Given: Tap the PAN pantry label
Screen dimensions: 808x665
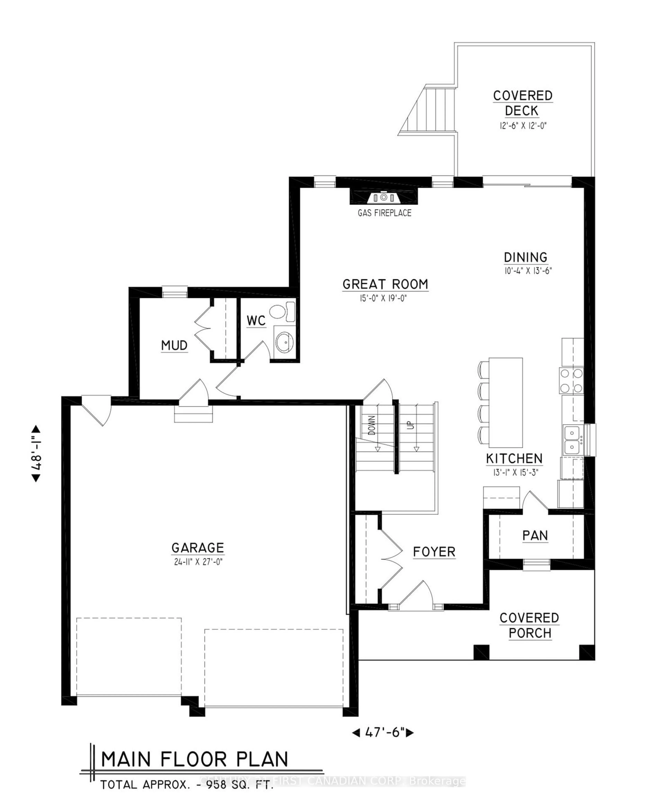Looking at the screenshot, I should (535, 535).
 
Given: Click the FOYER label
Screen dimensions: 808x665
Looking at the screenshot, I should (434, 552).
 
